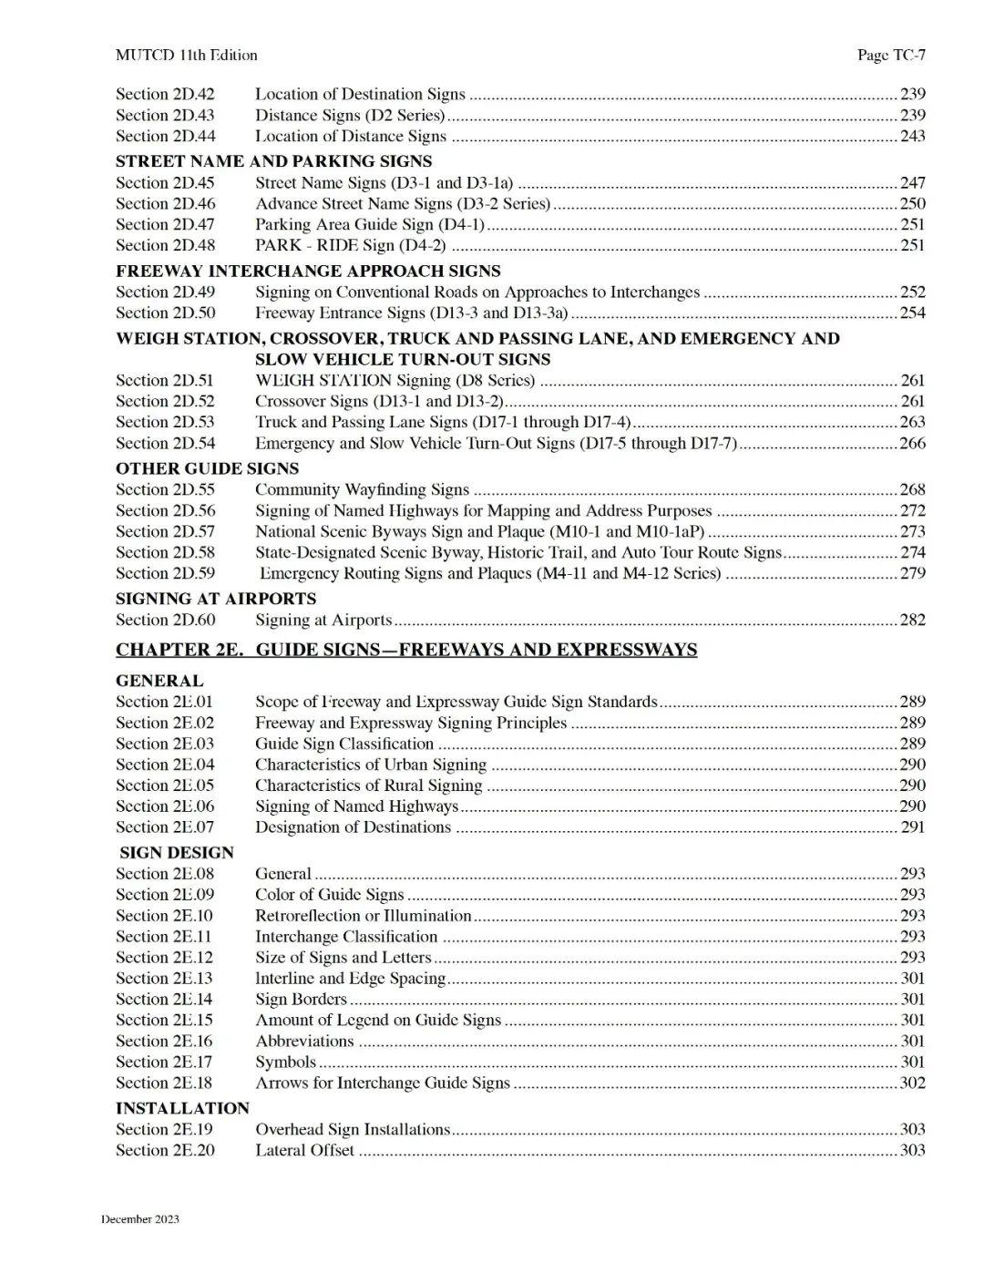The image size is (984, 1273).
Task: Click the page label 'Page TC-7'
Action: pos(891,56)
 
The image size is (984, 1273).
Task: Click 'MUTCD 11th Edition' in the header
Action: pos(186,56)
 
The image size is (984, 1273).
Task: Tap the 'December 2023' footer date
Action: pos(140,1219)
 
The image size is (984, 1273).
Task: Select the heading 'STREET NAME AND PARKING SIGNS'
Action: pos(273,161)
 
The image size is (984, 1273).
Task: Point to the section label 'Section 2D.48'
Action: pos(166,245)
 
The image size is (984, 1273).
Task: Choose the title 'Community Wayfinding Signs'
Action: pos(362,489)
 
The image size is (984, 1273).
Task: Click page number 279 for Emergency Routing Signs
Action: pos(912,573)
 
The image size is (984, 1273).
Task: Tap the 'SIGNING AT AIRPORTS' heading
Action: pos(216,599)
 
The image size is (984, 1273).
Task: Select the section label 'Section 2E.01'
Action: pos(165,702)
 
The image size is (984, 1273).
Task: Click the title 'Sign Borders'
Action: pos(301,999)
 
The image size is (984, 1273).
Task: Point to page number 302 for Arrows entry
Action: pos(912,1083)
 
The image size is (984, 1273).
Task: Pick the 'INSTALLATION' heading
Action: pos(182,1108)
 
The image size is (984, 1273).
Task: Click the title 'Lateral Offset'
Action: pos(304,1150)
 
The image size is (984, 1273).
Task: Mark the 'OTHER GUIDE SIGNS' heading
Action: pos(207,468)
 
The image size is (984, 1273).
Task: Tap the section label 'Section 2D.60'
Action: pos(166,620)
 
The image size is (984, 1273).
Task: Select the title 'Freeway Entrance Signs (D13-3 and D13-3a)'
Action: pos(411,313)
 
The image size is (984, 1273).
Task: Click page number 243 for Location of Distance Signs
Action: pos(912,136)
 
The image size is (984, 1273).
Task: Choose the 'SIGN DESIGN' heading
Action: pos(177,852)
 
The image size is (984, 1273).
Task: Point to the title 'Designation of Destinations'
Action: pos(353,826)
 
